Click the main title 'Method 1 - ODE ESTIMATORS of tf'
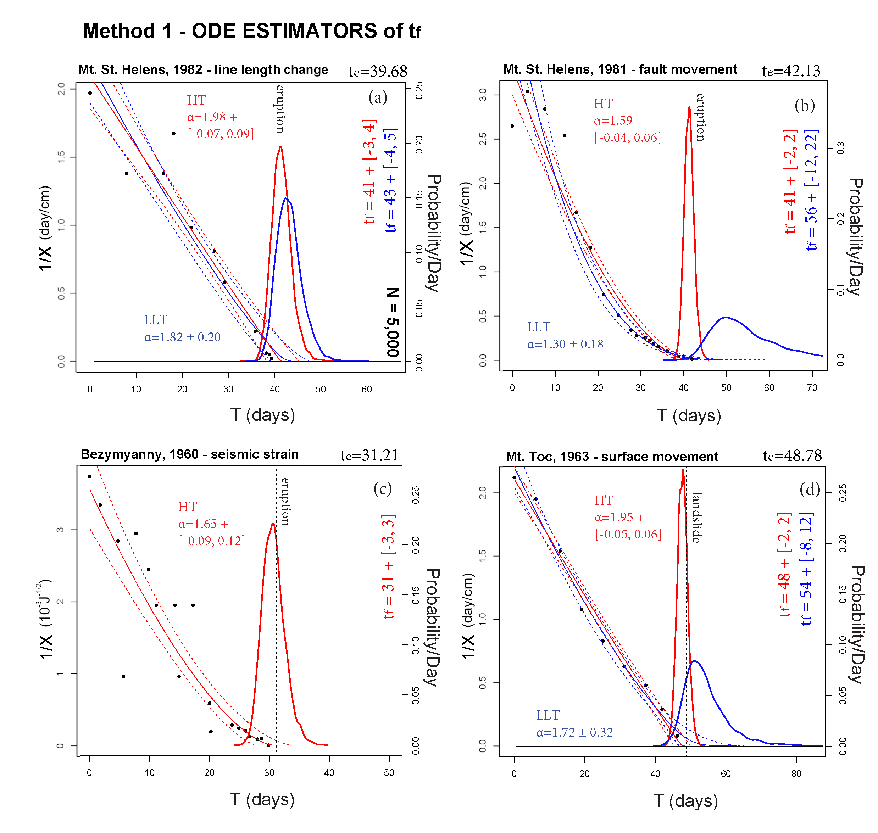(x=251, y=31)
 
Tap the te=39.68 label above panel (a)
(x=378, y=71)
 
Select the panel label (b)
(x=804, y=105)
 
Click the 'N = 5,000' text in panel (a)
(x=393, y=322)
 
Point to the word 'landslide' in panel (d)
(x=697, y=517)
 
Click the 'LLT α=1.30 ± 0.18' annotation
(x=565, y=336)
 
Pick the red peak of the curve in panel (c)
(x=273, y=524)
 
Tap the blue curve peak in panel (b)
(x=726, y=318)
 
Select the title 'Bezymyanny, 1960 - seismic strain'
(x=190, y=454)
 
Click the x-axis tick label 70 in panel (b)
(x=812, y=388)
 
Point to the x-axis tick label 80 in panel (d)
(x=796, y=774)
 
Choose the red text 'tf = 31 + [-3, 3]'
(x=388, y=566)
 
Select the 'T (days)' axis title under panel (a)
(x=262, y=415)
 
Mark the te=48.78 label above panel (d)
(x=792, y=455)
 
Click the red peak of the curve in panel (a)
(x=280, y=147)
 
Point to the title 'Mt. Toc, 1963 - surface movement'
(x=612, y=457)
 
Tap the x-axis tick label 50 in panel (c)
(x=389, y=773)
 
